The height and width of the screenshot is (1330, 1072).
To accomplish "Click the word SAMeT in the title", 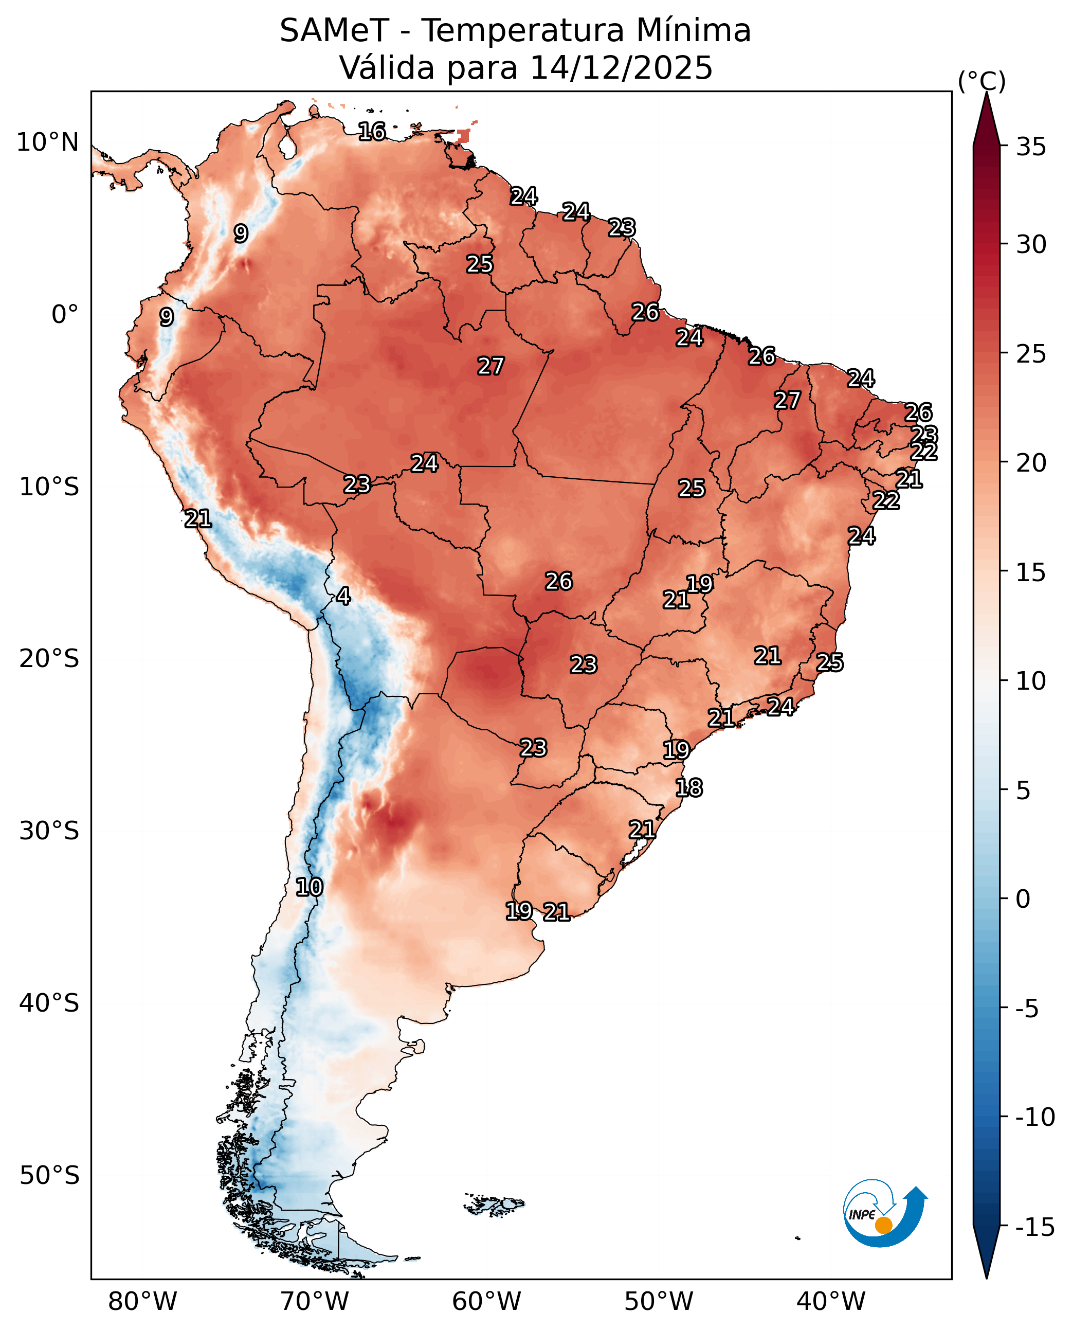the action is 334,30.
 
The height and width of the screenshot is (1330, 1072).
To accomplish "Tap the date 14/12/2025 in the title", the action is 621,67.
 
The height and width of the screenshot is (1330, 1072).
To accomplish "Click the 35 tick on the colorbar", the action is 1031,147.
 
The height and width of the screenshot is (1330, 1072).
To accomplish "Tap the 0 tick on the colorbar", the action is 1023,899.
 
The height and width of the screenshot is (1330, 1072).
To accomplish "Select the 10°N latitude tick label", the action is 47,142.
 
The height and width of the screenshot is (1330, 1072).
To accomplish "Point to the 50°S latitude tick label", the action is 49,1175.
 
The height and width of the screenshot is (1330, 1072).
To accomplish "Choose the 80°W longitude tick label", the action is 142,1302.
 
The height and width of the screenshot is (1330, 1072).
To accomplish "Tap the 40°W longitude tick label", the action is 830,1302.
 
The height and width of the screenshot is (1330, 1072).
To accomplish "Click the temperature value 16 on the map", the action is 372,131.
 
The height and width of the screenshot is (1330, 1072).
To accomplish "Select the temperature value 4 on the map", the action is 343,596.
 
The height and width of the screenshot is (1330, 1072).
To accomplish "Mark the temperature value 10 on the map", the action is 310,887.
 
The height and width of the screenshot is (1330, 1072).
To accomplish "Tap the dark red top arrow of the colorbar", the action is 986,119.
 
